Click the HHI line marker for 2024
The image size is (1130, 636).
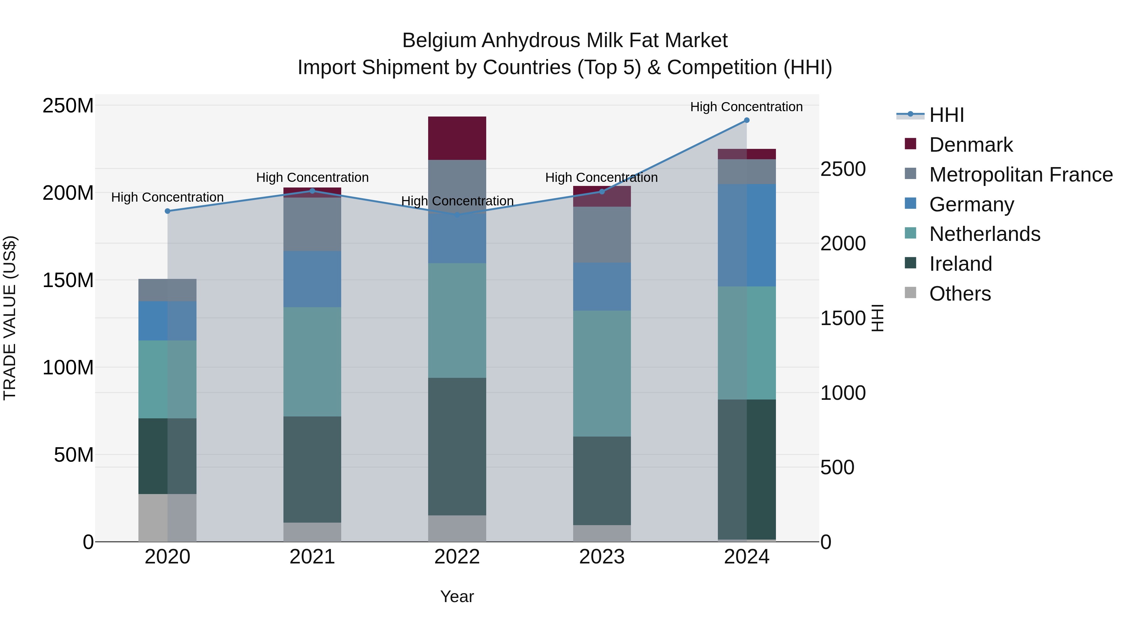pos(747,120)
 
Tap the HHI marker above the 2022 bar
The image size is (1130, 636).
pos(457,215)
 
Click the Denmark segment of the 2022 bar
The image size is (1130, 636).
pos(457,138)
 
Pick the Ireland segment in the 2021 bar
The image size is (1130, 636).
pos(312,469)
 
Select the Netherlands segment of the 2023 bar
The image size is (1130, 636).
pos(602,373)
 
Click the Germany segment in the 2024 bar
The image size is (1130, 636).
pos(747,235)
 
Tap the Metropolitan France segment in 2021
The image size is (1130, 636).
pos(312,224)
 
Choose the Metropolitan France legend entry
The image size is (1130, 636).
pos(1021,175)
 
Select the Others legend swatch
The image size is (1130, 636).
pos(911,293)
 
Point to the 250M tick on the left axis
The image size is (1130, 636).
pos(68,106)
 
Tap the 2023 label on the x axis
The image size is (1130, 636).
pos(602,557)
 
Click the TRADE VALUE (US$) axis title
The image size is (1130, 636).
pos(10,318)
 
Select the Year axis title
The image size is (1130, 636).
pos(457,596)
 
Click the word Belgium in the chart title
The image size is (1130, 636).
pos(439,41)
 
